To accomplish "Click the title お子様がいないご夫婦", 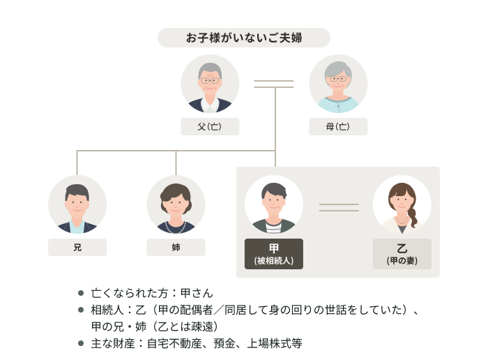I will coord(243,38).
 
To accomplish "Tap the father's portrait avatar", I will coord(210,84).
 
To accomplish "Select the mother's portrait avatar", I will coord(338,84).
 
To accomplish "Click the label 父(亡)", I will coord(210,127).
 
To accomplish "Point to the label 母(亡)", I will coord(338,127).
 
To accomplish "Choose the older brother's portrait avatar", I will coord(77,204).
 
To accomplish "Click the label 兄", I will coord(77,248).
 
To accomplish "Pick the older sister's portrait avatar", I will coord(176,204).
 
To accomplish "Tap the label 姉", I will coord(176,248).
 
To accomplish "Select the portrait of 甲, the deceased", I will coord(274,204).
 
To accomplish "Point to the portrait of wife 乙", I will coord(402,204).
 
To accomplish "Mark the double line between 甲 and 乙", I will coord(339,207).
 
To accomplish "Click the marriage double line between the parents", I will coord(274,84).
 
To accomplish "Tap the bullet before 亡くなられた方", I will coord(81,293).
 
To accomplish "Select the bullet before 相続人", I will coord(81,310).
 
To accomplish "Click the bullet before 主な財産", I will coord(81,343).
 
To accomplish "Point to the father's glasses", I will coord(210,80).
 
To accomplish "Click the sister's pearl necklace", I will coord(176,227).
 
